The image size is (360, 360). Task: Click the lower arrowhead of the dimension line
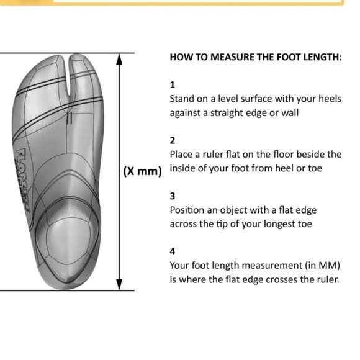[119, 285]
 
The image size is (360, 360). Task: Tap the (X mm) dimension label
[142, 171]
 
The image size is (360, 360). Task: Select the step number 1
[172, 85]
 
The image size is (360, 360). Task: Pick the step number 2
[173, 140]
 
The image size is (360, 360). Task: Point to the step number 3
[173, 196]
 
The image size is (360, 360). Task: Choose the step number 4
[173, 251]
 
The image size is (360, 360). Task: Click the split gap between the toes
[68, 76]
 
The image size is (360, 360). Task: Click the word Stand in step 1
[181, 99]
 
